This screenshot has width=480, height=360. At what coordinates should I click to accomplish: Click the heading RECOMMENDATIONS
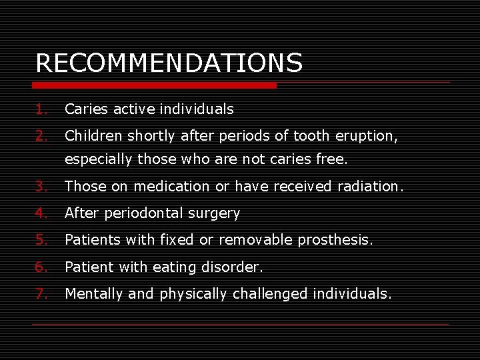point(169,63)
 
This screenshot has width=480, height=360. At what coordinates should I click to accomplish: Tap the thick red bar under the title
point(155,85)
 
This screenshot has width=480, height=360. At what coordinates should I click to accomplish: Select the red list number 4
point(40,213)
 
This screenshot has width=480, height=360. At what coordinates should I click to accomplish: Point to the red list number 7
point(40,293)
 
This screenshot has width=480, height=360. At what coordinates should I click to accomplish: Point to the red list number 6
point(40,267)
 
